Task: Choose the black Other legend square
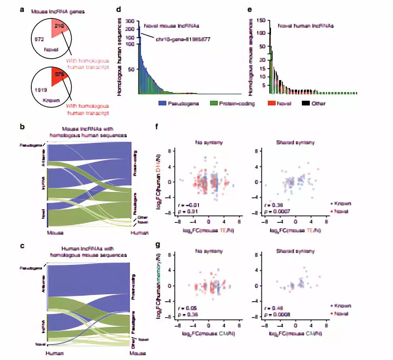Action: pyautogui.click(x=305, y=103)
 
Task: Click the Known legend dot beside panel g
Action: pyautogui.click(x=331, y=306)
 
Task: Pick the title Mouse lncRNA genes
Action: pyautogui.click(x=50, y=11)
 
